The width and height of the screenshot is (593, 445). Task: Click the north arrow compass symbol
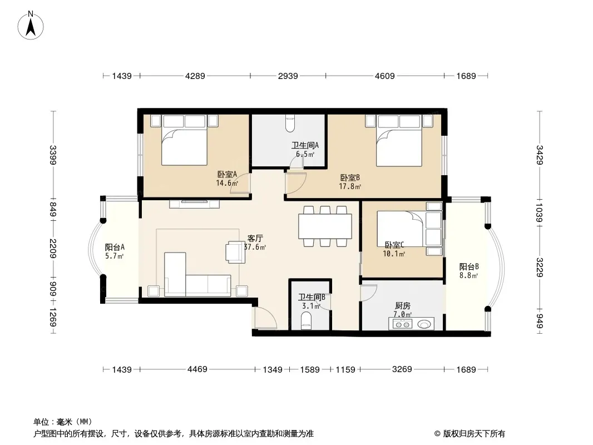click(x=31, y=26)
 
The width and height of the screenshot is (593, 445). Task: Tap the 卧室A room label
click(x=227, y=174)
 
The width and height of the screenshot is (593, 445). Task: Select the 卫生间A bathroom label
click(x=305, y=145)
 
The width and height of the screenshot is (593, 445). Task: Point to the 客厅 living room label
click(x=255, y=238)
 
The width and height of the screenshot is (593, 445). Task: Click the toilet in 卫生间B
click(x=306, y=321)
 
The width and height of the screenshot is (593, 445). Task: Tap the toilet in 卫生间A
click(x=290, y=123)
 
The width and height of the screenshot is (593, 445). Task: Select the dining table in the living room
click(x=325, y=226)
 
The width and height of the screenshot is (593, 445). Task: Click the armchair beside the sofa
click(x=235, y=252)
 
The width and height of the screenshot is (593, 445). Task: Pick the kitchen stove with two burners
click(x=402, y=324)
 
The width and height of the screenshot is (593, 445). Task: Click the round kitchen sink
click(x=424, y=324)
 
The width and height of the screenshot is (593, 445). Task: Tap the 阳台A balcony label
click(x=115, y=248)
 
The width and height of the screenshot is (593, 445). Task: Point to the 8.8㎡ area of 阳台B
click(x=469, y=275)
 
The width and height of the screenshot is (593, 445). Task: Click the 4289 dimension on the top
click(x=195, y=76)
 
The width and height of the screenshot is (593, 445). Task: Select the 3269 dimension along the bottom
click(x=402, y=369)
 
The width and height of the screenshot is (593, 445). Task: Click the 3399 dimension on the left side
click(x=52, y=155)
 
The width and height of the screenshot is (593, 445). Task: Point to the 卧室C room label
click(x=394, y=245)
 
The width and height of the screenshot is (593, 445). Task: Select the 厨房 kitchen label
click(x=402, y=305)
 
